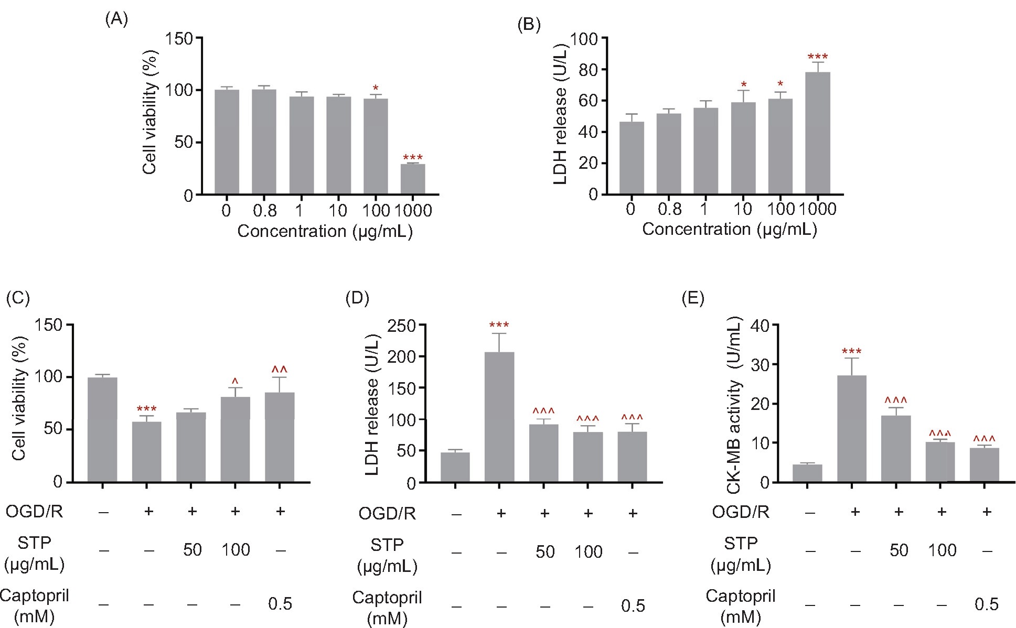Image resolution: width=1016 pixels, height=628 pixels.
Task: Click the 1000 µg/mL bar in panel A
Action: (413, 179)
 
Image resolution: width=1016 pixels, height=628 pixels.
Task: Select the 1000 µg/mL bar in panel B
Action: (817, 133)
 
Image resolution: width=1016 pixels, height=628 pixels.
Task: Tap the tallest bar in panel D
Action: (499, 417)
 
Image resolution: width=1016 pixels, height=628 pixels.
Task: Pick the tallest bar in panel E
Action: (851, 428)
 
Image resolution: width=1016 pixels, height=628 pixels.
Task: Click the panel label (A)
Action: (116, 19)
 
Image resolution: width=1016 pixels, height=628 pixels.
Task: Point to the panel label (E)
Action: (692, 298)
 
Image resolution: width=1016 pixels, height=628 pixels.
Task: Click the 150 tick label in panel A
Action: (179, 38)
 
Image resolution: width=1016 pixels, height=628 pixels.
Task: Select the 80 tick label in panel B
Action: (588, 70)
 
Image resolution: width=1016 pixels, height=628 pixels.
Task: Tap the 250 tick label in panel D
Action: (401, 326)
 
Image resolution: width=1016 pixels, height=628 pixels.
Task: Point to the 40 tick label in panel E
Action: (760, 326)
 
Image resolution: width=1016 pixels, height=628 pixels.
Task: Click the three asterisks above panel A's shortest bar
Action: (413, 158)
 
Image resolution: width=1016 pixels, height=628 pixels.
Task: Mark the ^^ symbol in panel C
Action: (280, 370)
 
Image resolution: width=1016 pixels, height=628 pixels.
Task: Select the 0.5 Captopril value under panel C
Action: (280, 604)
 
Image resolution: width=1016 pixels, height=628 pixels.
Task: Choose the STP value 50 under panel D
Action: (545, 552)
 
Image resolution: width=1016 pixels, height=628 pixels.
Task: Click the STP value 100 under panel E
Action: (942, 550)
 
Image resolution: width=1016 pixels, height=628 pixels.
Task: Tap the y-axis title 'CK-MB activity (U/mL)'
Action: (734, 405)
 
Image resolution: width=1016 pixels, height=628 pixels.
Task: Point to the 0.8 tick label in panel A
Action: (264, 211)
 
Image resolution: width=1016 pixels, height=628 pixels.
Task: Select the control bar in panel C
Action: (102, 429)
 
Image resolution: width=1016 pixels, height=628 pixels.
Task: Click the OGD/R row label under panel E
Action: (740, 512)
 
